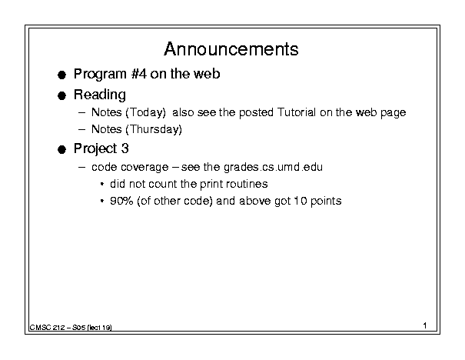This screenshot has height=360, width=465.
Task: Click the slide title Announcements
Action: [x=231, y=49]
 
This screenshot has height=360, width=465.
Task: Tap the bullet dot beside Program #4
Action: [x=61, y=75]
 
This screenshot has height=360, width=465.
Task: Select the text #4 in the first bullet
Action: [x=139, y=74]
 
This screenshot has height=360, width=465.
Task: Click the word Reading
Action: [x=100, y=95]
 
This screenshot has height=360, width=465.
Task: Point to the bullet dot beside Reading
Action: [x=61, y=95]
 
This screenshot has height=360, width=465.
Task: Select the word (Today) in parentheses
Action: [x=145, y=113]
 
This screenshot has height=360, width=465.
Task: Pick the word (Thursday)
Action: [x=154, y=130]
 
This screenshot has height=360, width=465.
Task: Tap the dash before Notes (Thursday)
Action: [x=81, y=130]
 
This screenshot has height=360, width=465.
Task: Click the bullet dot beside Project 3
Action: [x=61, y=149]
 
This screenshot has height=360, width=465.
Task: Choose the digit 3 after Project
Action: [x=125, y=148]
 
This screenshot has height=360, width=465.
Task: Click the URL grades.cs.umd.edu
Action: [x=273, y=167]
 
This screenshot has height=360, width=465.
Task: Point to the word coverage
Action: [x=144, y=168]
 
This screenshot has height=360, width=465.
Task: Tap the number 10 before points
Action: [x=300, y=201]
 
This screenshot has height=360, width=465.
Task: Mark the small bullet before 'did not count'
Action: [x=102, y=185]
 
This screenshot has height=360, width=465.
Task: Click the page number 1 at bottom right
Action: [x=425, y=325]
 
